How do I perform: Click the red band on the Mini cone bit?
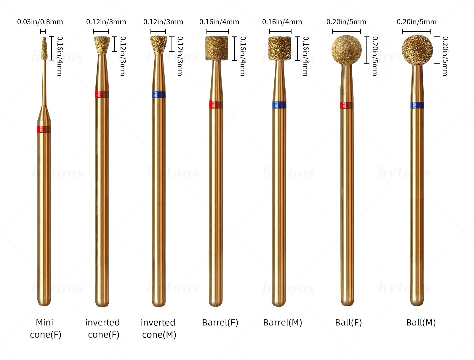click(x=44, y=129)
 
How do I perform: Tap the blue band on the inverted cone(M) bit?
click(x=159, y=95)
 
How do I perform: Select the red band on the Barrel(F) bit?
click(x=216, y=105)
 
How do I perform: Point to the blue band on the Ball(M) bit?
click(x=417, y=105)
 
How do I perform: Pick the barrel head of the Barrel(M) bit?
click(x=280, y=48)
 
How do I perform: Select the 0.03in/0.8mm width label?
click(x=40, y=22)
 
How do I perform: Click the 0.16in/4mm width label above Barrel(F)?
click(x=219, y=22)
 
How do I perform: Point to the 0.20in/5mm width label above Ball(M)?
click(x=417, y=22)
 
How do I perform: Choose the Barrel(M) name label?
click(x=283, y=322)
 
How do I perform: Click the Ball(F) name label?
click(x=348, y=322)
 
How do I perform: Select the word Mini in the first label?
click(x=44, y=322)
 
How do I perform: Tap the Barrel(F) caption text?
click(x=220, y=322)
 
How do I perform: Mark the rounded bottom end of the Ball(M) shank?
click(x=417, y=302)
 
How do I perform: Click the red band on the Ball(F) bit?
click(x=347, y=105)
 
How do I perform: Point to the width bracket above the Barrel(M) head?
click(x=280, y=31)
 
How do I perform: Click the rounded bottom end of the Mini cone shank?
click(x=44, y=302)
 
